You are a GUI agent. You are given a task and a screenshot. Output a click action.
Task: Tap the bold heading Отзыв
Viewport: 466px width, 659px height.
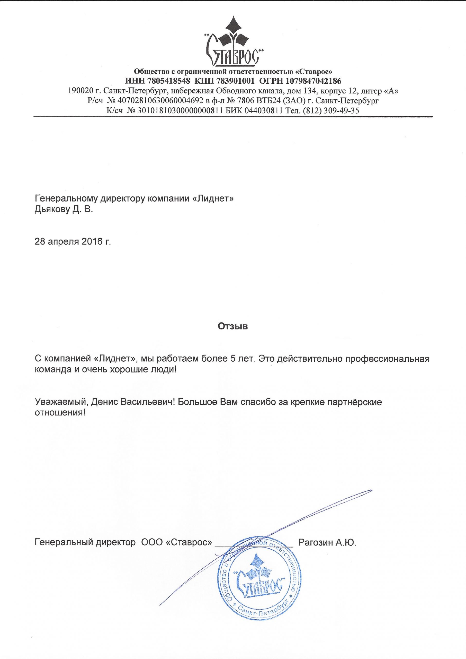click(x=233, y=326)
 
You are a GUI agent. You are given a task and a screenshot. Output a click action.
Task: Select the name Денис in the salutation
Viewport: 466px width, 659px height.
click(x=101, y=402)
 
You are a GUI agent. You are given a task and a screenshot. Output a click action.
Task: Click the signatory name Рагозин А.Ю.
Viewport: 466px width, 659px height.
click(x=327, y=543)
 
